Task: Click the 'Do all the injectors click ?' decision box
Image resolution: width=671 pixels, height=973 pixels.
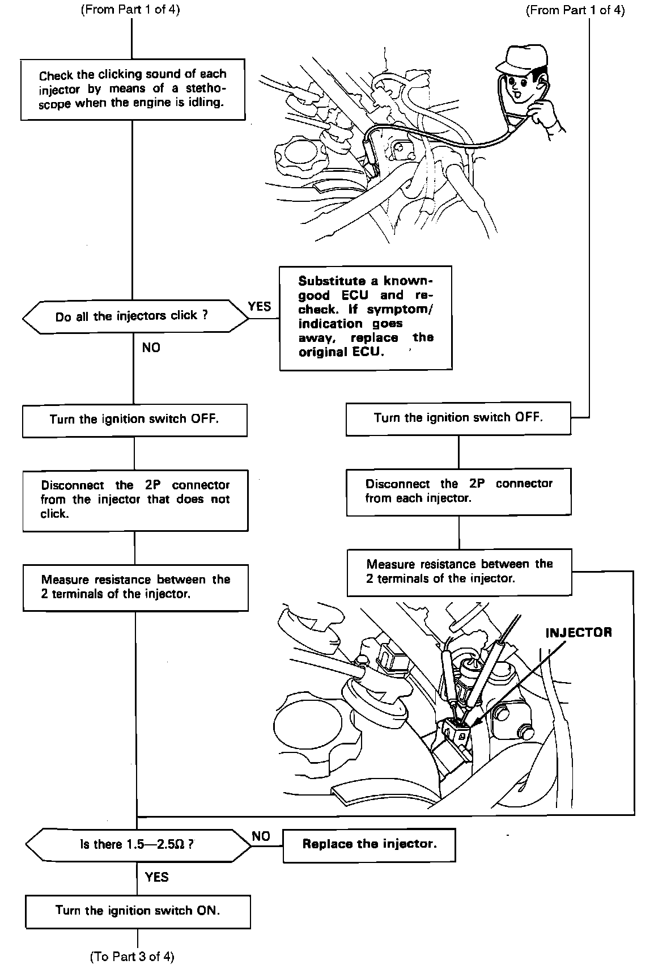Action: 135,316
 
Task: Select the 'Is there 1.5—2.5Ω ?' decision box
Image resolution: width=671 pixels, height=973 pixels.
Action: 138,844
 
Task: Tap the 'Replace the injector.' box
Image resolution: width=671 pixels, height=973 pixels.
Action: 369,844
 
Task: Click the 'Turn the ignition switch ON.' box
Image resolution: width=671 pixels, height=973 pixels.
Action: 138,911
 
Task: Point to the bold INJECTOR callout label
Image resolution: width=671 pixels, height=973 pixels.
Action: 578,633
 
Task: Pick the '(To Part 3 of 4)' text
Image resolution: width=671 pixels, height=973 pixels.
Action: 132,957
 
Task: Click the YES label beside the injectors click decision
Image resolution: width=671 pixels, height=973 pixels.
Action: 260,307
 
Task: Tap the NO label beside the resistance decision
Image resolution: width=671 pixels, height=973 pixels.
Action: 261,836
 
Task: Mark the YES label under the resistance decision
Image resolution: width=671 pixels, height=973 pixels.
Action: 157,877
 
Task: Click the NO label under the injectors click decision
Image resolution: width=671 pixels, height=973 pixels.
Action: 151,348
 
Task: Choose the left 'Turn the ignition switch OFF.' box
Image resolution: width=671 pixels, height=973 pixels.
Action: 134,420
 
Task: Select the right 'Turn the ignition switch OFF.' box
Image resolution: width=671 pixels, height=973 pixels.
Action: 458,418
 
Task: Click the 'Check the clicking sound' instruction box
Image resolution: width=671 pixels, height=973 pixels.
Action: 133,89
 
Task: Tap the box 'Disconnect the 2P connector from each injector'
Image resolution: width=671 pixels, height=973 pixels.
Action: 458,491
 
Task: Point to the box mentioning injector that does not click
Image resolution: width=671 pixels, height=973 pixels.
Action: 135,500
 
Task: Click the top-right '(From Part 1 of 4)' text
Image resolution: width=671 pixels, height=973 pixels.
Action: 575,10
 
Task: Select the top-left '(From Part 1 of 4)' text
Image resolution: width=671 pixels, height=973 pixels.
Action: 131,10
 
